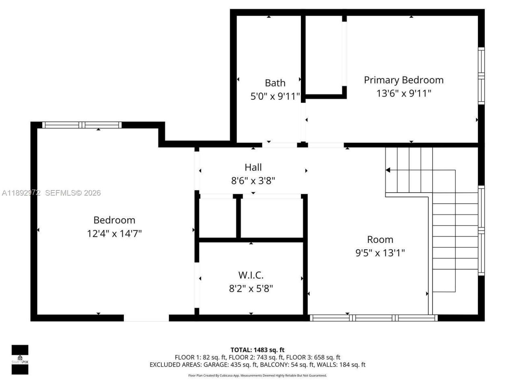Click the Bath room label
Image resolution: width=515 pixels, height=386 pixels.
click(275, 83)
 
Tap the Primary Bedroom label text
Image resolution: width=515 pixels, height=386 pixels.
click(404, 80)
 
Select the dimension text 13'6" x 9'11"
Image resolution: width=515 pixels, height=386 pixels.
click(404, 93)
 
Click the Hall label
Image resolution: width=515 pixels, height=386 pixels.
click(253, 167)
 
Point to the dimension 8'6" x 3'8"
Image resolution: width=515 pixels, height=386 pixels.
click(253, 181)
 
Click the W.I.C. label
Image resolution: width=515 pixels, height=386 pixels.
click(251, 275)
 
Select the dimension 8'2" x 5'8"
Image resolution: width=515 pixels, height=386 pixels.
click(251, 288)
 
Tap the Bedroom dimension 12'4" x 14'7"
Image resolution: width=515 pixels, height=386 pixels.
click(114, 233)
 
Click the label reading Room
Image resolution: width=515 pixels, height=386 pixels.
click(380, 240)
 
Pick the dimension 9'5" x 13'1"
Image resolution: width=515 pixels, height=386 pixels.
click(380, 253)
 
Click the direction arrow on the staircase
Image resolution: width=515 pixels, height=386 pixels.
click(388, 170)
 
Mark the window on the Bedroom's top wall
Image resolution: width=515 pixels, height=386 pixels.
click(82, 125)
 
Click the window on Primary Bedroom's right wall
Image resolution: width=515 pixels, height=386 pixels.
click(481, 76)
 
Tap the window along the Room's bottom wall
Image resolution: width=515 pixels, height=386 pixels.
click(373, 318)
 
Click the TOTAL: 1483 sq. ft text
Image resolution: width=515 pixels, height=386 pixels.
click(257, 350)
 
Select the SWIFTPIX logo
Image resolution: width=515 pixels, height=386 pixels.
click(20, 359)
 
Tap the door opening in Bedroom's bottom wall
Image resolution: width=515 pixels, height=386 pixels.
click(146, 318)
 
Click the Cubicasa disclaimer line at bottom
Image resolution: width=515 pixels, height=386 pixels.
click(257, 376)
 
